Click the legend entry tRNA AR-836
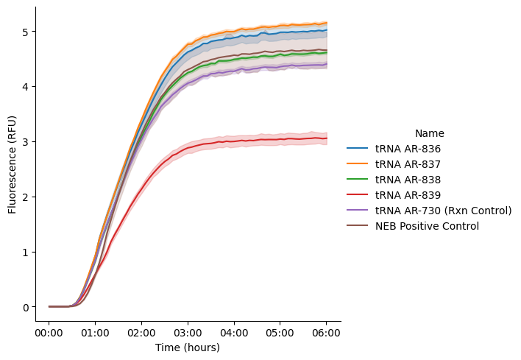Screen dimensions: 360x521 408,149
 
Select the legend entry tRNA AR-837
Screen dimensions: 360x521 408,164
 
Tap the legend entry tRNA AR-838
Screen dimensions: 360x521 408,180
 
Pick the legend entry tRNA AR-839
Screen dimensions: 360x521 408,195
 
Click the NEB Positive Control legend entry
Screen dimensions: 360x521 427,226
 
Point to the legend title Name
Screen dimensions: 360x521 429,133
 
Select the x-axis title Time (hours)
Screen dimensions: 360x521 188,347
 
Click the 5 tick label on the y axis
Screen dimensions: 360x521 25,32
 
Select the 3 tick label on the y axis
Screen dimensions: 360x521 25,141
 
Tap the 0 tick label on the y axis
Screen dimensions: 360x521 25,307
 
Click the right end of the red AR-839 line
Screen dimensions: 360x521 327,138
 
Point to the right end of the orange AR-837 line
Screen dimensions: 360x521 327,23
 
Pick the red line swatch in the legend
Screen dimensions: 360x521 358,195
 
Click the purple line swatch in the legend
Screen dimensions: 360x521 358,211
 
